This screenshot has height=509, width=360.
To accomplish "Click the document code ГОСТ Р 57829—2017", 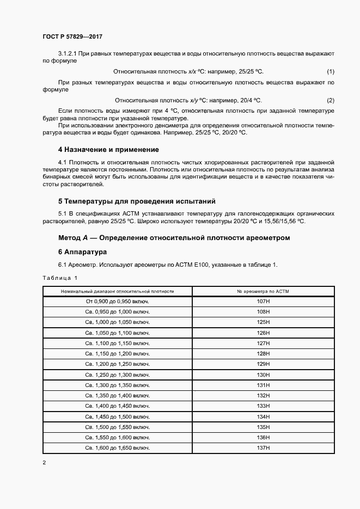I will point(72,37).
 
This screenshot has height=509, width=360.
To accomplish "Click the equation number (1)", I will point(330,72).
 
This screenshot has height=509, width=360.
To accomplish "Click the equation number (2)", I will point(330,100).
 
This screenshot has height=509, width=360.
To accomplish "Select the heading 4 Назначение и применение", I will point(108,149).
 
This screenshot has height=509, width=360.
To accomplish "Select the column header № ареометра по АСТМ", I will point(263,291).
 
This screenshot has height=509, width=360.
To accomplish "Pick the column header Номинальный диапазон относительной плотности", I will point(118,291).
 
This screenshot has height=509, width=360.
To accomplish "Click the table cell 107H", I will point(263,301).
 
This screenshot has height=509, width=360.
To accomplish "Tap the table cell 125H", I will point(263,322).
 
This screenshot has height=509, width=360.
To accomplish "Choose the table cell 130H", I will point(263,375).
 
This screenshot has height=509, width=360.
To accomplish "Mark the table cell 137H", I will point(263,447).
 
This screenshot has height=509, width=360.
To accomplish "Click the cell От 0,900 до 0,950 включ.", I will point(118,301).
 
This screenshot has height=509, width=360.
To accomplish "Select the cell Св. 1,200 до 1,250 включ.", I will point(118,364).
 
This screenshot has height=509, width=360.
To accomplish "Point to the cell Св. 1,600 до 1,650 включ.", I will point(118,447).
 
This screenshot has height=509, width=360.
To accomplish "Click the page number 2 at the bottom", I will point(44,463).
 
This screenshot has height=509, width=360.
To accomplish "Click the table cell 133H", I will point(263,406).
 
